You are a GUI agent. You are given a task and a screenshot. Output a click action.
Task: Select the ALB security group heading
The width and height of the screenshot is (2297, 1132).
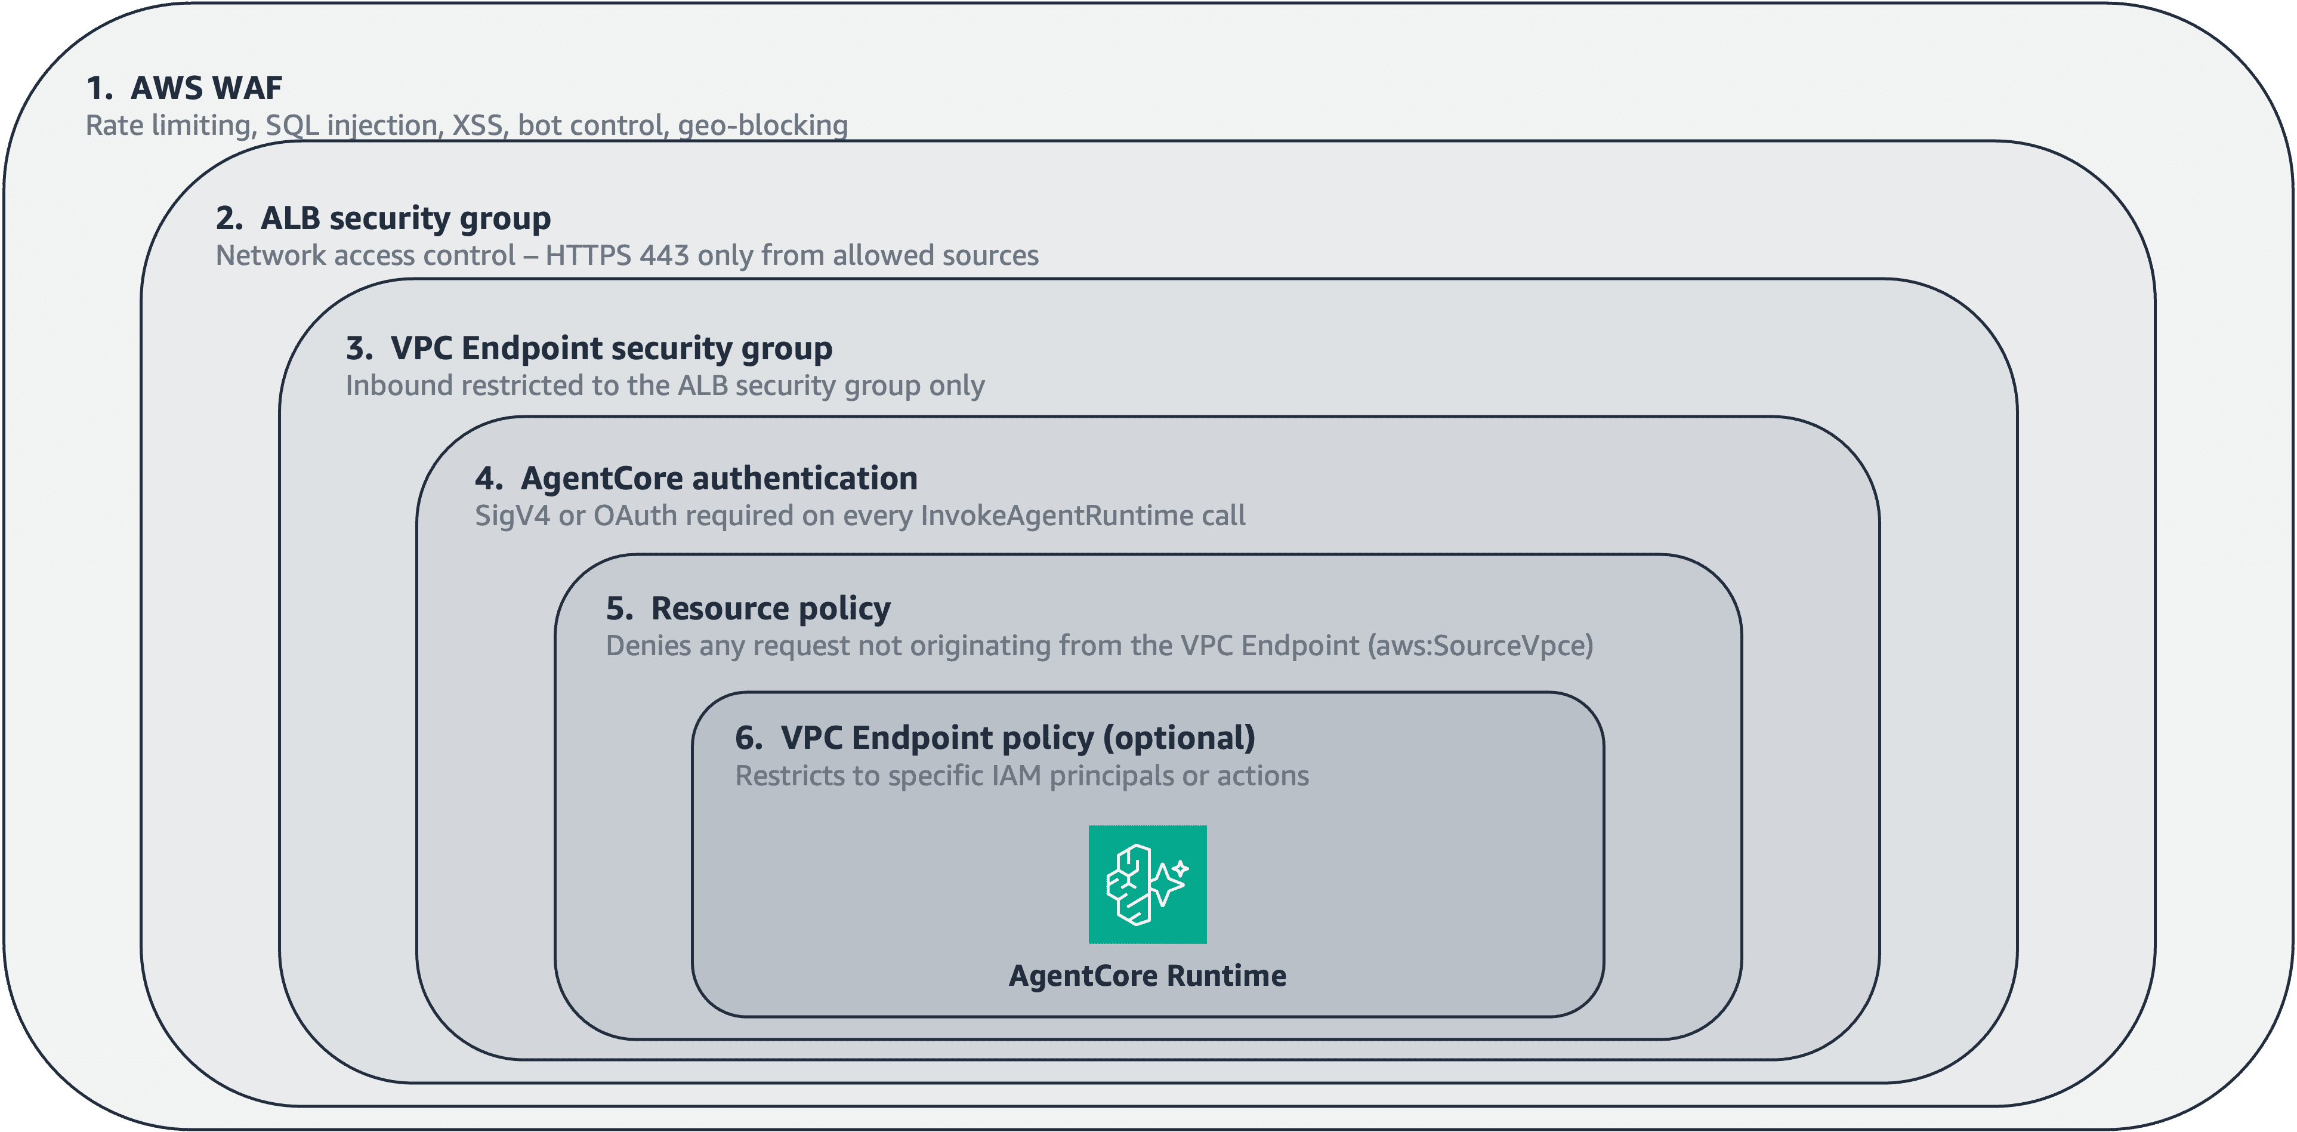(384, 218)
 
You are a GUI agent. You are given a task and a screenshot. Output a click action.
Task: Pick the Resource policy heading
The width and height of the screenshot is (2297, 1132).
(748, 609)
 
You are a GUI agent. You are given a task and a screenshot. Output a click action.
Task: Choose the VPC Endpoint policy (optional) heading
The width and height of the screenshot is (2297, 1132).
(995, 739)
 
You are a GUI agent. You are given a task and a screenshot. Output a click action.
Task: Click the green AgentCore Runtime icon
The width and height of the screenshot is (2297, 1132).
(1148, 884)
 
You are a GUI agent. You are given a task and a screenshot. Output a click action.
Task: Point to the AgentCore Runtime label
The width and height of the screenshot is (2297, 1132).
(1148, 976)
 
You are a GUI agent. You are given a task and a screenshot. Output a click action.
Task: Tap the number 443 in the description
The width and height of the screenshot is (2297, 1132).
(664, 255)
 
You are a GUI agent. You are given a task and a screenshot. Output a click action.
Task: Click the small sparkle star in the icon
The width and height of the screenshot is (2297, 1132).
(1180, 868)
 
